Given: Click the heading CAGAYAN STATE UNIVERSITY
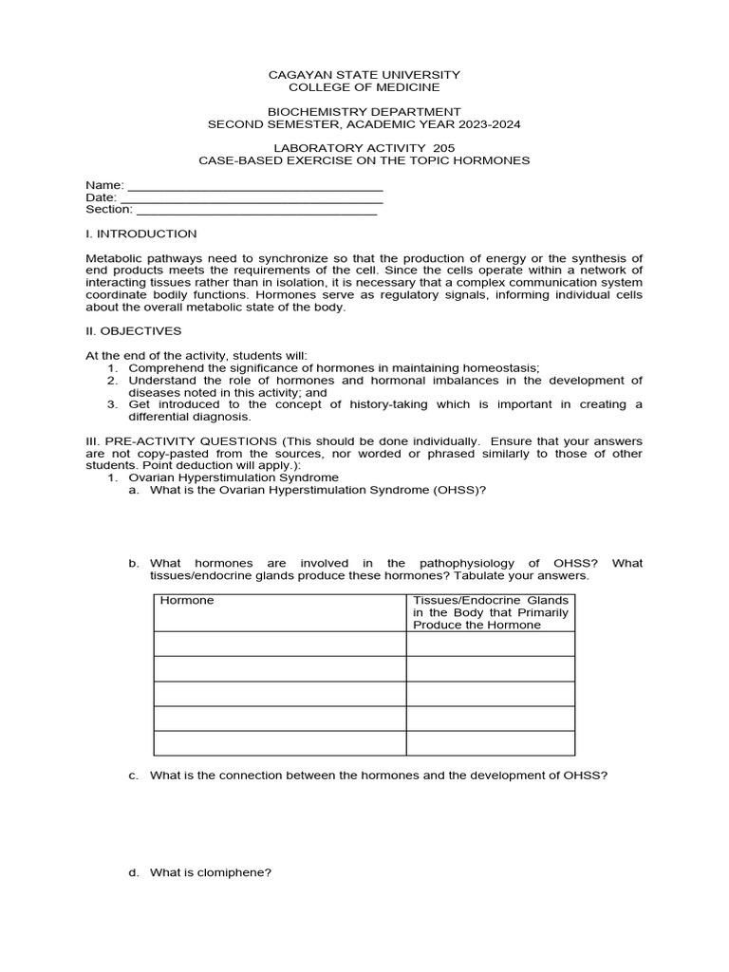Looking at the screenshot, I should [364, 74].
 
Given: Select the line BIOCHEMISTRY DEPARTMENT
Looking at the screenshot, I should [364, 111].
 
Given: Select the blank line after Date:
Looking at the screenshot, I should [252, 197].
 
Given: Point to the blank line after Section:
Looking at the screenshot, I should [256, 210].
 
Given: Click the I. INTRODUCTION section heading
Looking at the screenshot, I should [141, 234].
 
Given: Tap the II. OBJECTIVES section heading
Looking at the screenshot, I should [133, 331].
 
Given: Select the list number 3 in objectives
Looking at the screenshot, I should [111, 404].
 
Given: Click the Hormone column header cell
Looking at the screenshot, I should [280, 612].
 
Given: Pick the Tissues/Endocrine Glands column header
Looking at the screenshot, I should [491, 612].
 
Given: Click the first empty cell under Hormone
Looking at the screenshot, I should [280, 644].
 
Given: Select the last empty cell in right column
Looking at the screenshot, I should [491, 742].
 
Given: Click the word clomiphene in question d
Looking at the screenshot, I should [238, 873].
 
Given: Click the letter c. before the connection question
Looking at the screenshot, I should [134, 775].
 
